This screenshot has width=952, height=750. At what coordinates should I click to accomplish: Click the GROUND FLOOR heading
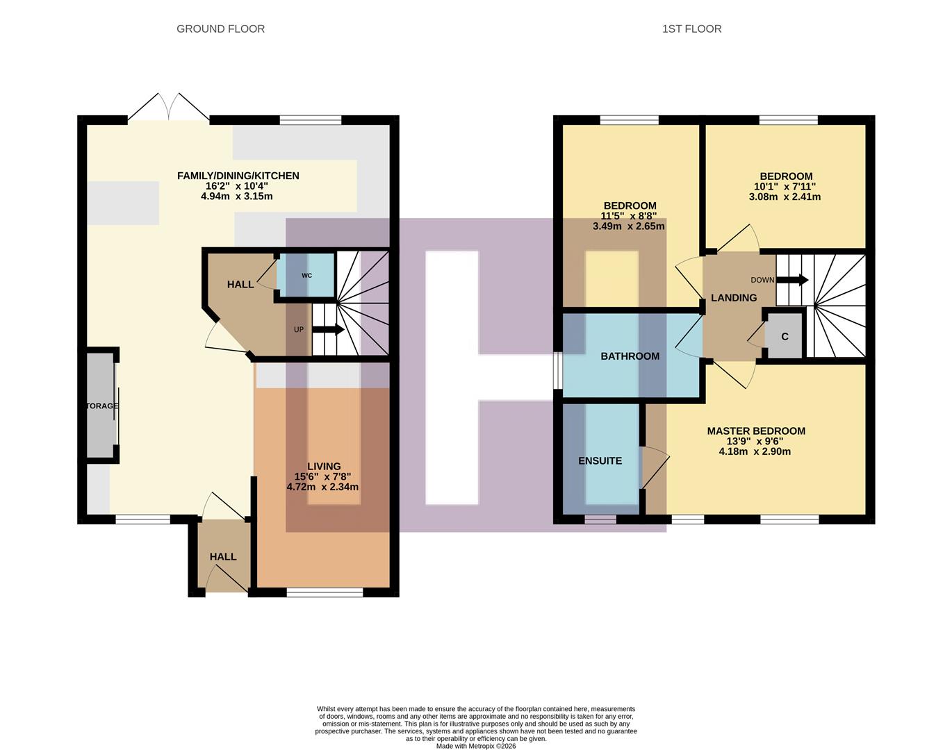click(x=220, y=28)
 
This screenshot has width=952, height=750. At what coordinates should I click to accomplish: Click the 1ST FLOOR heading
click(x=691, y=28)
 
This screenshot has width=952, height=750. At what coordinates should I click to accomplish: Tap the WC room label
click(x=306, y=276)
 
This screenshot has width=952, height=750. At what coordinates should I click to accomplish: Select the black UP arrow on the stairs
click(x=328, y=330)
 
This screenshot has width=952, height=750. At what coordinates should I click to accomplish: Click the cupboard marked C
click(x=785, y=337)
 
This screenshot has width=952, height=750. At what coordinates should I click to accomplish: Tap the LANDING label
click(x=734, y=298)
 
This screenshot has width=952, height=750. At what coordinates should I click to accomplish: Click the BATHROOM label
click(x=630, y=356)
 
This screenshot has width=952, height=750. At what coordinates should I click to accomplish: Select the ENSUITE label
click(x=600, y=460)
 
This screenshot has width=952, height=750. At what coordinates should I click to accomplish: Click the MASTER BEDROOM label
click(x=756, y=431)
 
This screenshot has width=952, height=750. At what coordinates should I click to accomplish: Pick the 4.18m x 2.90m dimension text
click(x=755, y=451)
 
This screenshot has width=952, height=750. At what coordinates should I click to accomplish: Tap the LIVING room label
click(x=324, y=467)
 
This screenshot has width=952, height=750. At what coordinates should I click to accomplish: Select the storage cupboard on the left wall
click(x=101, y=406)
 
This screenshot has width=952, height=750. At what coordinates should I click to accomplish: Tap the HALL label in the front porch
click(x=223, y=557)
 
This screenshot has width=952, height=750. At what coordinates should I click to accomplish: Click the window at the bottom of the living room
click(x=325, y=592)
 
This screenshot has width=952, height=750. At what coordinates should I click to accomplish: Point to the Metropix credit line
click(x=476, y=746)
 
